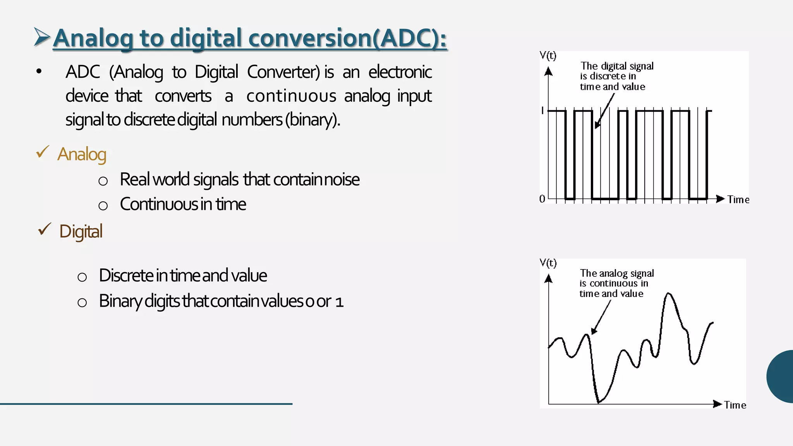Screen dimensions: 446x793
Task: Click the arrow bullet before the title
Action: coord(42,37)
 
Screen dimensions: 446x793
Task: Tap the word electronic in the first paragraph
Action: coord(400,72)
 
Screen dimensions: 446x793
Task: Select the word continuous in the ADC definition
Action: coord(291,96)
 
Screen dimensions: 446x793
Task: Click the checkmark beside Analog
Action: coord(43,152)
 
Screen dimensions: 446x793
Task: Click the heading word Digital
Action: coord(81,232)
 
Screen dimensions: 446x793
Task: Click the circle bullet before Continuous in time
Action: coord(103,205)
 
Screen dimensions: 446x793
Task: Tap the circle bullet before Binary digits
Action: coord(82,302)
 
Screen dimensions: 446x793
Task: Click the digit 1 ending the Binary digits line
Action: coord(339,302)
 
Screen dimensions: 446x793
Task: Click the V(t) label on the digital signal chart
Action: coord(548,56)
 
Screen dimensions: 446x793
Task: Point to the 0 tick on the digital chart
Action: coord(542,199)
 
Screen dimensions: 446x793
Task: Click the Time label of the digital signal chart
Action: coord(738,200)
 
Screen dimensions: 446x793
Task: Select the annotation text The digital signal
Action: coord(617,66)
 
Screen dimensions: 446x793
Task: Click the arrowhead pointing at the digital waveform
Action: coord(597,125)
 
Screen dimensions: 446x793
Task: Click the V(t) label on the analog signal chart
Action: coord(548,263)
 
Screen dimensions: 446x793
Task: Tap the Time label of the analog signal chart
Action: coord(735,405)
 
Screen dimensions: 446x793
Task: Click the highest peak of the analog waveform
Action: coord(669,294)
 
